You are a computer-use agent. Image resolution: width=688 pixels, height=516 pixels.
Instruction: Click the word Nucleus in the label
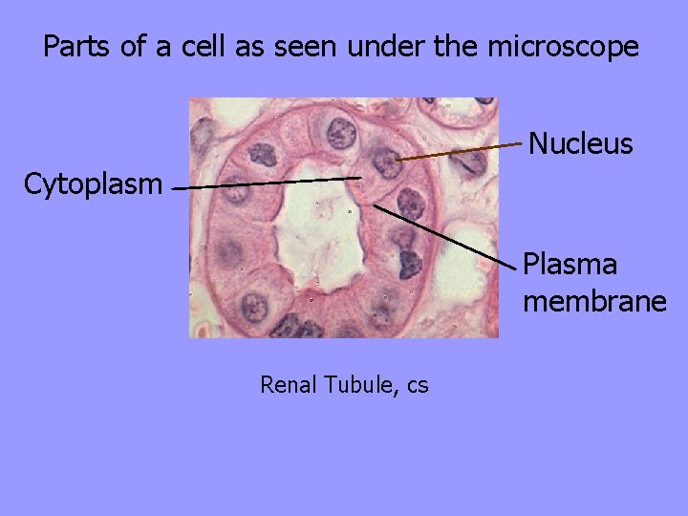coord(580,144)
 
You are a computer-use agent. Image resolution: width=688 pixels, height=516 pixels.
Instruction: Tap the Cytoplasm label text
coord(93,183)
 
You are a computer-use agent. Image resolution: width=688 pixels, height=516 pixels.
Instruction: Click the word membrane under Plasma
coord(593,302)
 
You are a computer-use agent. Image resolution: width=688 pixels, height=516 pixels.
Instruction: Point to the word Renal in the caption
coord(290,385)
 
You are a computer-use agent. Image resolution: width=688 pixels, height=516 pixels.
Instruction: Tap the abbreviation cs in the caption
coord(418,386)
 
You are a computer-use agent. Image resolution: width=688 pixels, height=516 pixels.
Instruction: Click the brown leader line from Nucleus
coord(463,153)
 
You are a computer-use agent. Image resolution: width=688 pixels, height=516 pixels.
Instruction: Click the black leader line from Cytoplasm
coord(268,183)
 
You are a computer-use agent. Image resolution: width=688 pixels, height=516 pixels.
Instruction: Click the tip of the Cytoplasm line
coord(360,177)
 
